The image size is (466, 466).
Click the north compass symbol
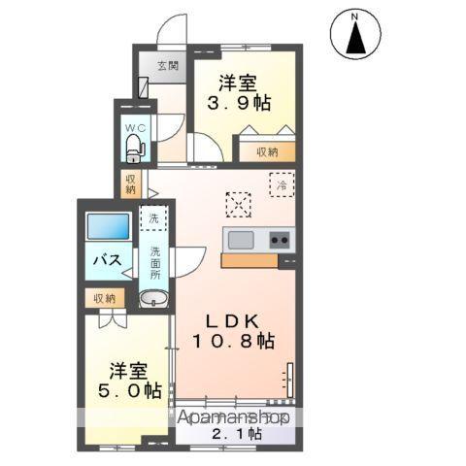355,37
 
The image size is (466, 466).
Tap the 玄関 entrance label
168,66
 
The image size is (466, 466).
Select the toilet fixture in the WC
135,149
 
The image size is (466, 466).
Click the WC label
134,125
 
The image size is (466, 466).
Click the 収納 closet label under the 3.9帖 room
268,151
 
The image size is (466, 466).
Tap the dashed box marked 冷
281,183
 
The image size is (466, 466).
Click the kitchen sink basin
240,239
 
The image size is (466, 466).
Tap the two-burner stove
279,239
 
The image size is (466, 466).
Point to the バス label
106,260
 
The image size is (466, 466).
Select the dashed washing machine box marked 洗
153,218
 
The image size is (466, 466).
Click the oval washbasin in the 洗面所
152,297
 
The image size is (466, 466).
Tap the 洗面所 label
154,263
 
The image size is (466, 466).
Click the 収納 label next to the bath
104,299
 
